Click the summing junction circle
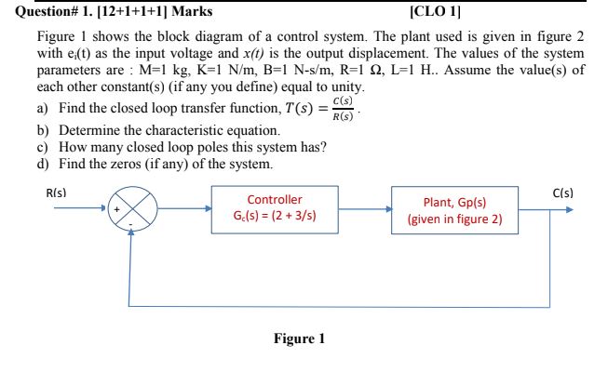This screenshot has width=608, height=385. point(130,209)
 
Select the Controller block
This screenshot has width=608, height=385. point(274,208)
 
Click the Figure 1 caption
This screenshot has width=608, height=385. point(299,339)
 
